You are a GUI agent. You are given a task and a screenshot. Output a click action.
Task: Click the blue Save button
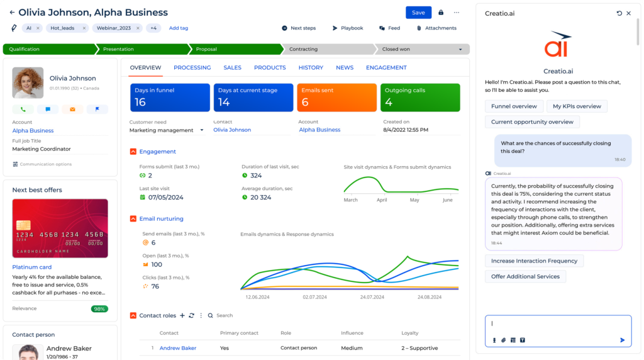point(418,13)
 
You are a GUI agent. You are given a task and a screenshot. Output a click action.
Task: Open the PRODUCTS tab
point(270,67)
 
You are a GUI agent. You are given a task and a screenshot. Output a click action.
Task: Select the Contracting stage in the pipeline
point(327,49)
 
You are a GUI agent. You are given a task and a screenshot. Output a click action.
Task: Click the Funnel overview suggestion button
point(514,106)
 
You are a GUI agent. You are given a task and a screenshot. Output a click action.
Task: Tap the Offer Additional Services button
point(525,276)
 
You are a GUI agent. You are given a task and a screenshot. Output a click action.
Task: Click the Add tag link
point(179,28)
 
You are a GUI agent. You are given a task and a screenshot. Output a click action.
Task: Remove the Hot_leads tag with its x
point(84,28)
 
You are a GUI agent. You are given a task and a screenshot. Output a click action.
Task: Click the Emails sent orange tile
point(336,97)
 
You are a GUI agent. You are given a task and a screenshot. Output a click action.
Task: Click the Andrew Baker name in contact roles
point(178,348)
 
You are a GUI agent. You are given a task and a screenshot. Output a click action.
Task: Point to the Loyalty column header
point(410,333)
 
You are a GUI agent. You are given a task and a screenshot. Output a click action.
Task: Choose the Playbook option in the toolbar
point(348,28)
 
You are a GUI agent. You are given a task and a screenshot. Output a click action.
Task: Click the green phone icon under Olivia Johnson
point(23,110)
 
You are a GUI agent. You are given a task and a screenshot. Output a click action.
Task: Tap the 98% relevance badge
point(99,309)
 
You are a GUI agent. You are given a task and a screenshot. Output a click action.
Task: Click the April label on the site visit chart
point(382,200)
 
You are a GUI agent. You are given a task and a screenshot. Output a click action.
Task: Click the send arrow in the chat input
point(622,340)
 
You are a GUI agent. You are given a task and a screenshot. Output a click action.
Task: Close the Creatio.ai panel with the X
point(628,13)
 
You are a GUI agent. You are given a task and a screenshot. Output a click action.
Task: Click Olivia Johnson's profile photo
point(28,82)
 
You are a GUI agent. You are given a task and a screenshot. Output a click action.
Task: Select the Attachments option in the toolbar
point(436,28)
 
